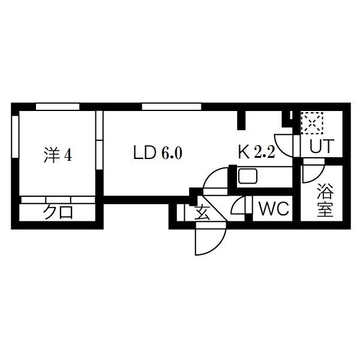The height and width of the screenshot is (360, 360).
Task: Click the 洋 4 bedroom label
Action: click(58, 154)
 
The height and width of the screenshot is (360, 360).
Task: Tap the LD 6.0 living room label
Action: click(158, 154)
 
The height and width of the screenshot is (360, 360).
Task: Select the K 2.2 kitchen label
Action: click(256, 153)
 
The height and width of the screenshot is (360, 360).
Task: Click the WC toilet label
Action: click(274, 210)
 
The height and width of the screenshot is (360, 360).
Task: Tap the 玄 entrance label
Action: click(203, 213)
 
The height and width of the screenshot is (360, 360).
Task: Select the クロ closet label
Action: click(58, 212)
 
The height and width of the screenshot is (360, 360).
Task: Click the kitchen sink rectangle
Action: click(248, 176)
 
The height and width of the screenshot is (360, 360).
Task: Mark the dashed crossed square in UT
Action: click(313, 124)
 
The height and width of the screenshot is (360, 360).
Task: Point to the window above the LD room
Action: click(172, 107)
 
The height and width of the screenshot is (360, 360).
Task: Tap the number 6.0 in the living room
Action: click(172, 154)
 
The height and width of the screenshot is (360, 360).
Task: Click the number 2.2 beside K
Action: click(264, 153)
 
